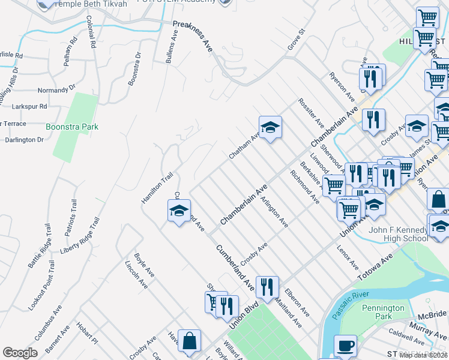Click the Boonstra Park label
point(72,127)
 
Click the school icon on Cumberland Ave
point(179,211)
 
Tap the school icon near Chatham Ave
point(270,127)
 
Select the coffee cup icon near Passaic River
point(345,346)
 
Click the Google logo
point(20,353)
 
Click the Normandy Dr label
point(57,88)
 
